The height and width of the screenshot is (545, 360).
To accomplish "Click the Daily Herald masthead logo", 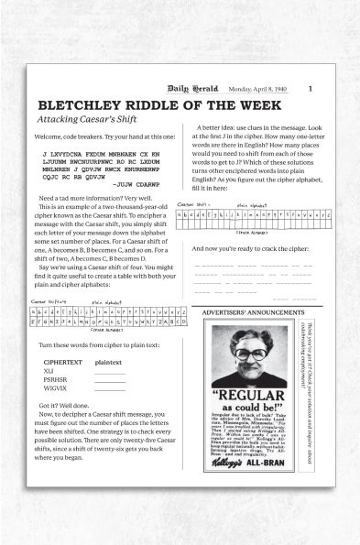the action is click(200, 88).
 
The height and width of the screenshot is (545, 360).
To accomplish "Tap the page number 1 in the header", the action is click(311, 88).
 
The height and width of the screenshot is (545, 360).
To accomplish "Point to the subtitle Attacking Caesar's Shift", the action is click(80, 120).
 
